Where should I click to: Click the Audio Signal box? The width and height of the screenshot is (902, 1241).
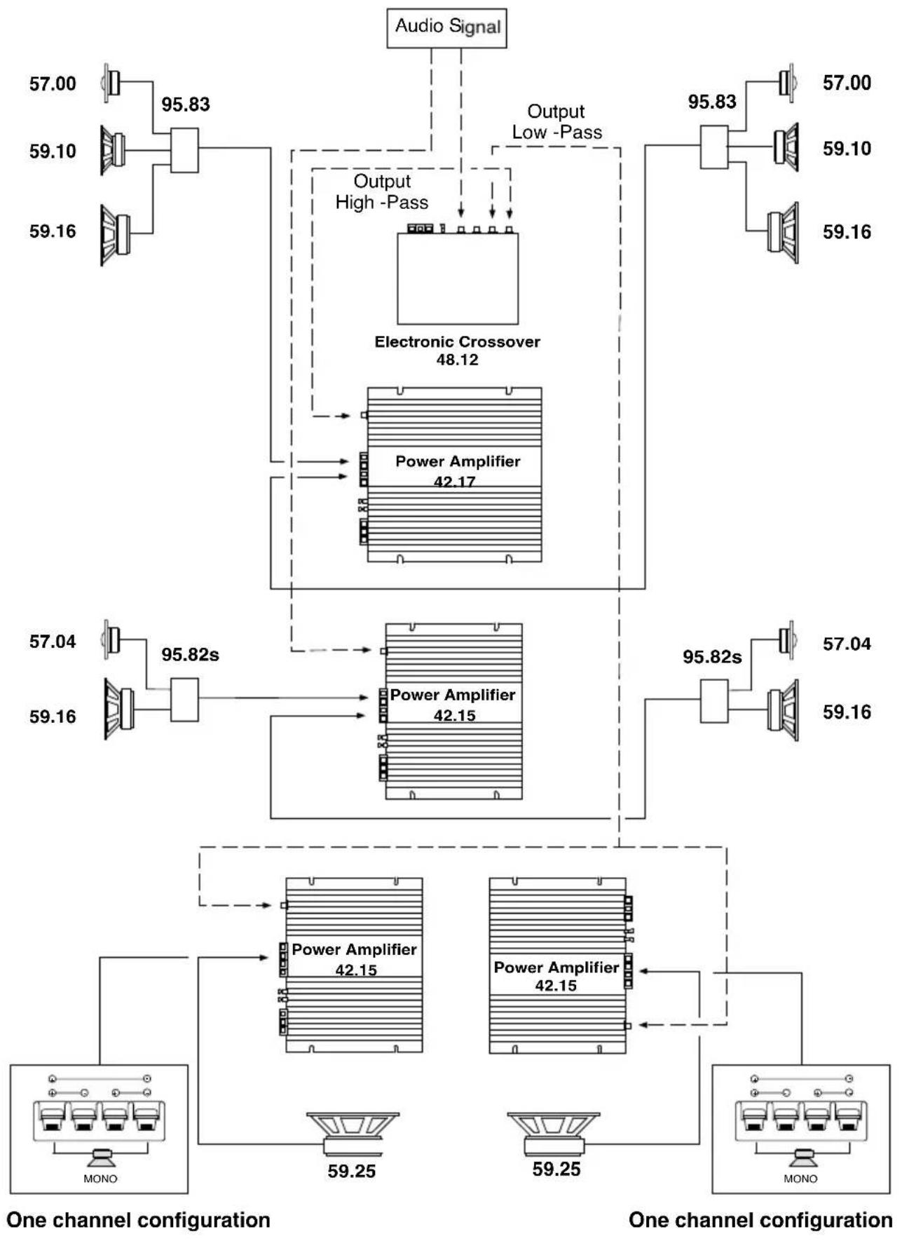446,27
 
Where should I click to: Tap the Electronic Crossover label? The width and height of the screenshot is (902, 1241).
457,342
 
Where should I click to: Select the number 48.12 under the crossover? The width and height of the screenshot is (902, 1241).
457,360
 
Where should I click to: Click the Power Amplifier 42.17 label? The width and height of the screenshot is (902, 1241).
457,470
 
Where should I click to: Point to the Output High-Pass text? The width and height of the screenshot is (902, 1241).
381,192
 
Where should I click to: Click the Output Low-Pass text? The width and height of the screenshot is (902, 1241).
556,122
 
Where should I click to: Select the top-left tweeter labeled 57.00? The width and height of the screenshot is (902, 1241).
111,83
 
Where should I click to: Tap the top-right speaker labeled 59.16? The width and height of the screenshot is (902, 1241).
783,232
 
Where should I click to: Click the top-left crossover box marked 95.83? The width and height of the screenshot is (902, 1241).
184,150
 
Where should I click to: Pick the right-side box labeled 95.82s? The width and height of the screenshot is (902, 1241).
713,700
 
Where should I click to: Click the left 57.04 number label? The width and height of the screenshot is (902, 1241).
53,642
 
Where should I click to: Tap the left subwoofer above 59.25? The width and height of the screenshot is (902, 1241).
353,1134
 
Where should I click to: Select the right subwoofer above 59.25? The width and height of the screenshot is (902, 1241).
554,1133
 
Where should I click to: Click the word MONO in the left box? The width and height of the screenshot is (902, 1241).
100,1179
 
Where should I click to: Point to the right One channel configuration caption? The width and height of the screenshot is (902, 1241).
760,1220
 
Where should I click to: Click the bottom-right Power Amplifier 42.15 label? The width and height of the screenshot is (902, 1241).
556,976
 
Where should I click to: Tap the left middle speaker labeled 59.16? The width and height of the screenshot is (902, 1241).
118,708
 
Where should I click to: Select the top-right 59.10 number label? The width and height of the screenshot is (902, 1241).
847,149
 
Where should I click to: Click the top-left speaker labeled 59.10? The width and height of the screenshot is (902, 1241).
112,150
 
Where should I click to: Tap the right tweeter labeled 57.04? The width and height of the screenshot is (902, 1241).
787,639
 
